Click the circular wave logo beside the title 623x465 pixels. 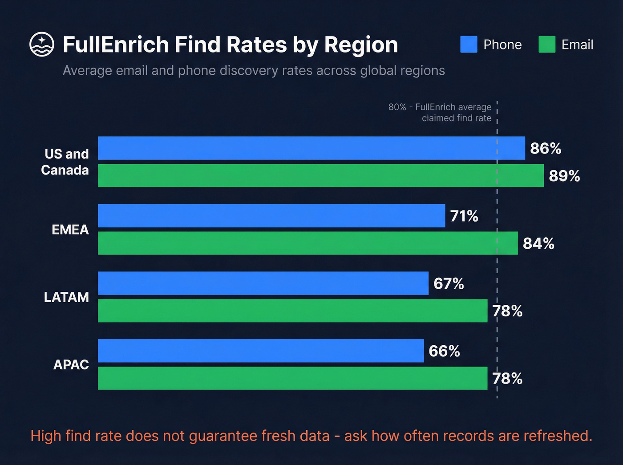[42, 44]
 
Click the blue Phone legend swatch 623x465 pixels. [469, 44]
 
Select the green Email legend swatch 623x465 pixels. [547, 44]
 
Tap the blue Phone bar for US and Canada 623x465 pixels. [311, 148]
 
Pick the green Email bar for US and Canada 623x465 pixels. [320, 176]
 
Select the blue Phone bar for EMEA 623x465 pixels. [271, 216]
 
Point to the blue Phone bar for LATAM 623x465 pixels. [263, 283]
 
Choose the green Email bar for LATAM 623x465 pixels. [292, 311]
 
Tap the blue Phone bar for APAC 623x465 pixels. [261, 351]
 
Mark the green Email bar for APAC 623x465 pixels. [292, 378]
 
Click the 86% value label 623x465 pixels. [546, 149]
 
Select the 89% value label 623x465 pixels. [564, 176]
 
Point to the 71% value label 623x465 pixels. [464, 216]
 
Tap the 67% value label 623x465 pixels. [449, 284]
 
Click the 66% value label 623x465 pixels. [444, 352]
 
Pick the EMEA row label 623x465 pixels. [70, 230]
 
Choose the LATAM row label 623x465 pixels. [66, 297]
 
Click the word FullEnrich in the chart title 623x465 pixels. [116, 45]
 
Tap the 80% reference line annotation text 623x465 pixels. [440, 113]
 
